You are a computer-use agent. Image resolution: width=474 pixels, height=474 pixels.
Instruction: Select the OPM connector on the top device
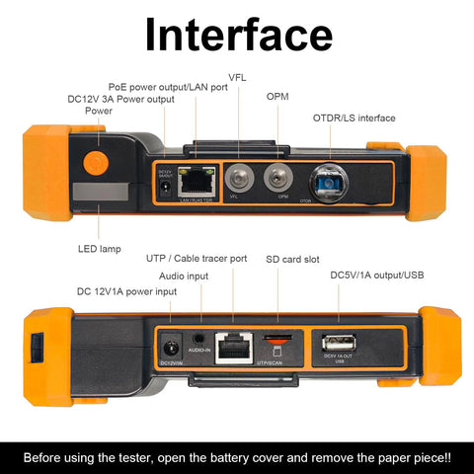281,181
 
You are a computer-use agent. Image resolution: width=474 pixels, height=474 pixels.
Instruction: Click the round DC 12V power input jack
171,348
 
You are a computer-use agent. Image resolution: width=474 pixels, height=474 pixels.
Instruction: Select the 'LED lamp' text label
99,249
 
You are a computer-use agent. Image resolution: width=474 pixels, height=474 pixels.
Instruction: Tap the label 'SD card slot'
294,259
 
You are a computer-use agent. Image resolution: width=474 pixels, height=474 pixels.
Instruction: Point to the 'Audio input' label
184,276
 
